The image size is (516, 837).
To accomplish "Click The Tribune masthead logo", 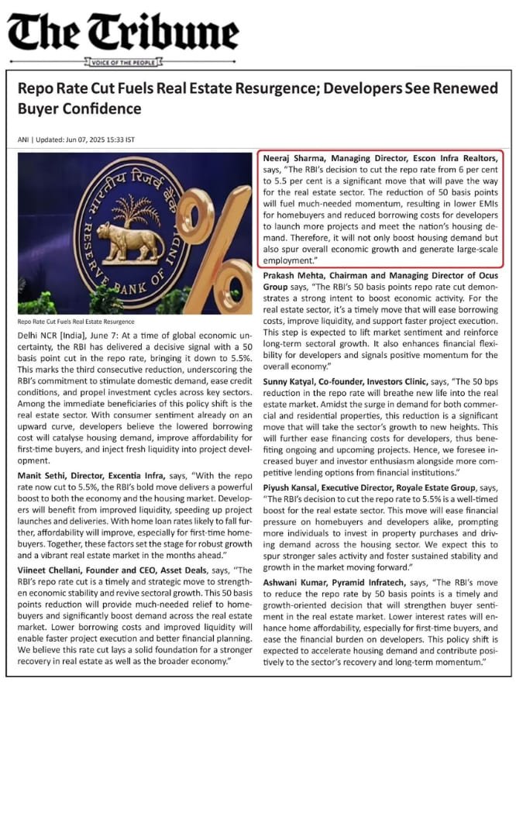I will point(123,33).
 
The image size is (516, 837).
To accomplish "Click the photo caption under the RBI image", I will point(75,322).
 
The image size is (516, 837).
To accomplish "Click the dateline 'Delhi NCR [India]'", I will point(53,332).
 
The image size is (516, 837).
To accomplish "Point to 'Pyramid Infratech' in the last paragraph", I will point(373,580).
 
